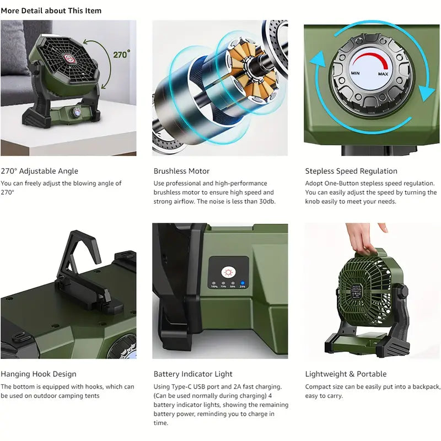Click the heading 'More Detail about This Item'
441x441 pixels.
[51, 10]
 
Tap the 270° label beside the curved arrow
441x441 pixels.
[121, 54]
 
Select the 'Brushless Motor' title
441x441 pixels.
[181, 171]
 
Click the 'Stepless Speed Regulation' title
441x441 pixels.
[351, 171]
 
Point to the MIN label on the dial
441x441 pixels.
[356, 73]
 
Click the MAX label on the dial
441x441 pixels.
[383, 74]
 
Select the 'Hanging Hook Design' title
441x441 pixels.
[39, 374]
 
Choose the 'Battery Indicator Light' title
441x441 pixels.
[193, 374]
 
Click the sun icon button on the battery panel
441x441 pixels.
[227, 271]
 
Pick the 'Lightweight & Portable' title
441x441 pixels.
[346, 374]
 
